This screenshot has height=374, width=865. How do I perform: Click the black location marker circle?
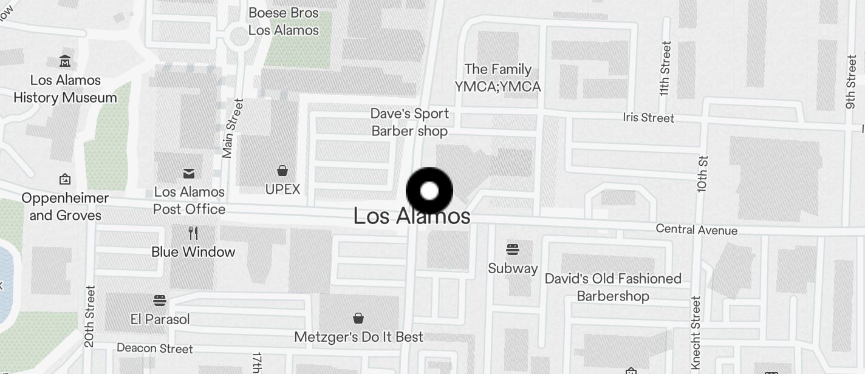coord(429,191)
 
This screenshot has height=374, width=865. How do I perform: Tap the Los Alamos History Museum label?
coord(65,89)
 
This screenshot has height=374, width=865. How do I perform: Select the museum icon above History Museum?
coord(65,61)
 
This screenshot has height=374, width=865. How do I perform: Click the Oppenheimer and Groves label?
coord(65,206)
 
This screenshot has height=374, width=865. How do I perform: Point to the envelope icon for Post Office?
coord(189,174)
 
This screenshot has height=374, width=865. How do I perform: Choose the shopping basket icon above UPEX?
coord(282,171)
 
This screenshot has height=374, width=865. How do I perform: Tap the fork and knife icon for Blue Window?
coord(193,233)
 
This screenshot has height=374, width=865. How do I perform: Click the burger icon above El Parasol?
coord(160,300)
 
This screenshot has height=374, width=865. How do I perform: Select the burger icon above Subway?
coord(513,250)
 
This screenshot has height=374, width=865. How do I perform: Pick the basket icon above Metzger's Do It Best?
coord(358,318)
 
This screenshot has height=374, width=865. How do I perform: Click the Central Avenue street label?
coord(696,229)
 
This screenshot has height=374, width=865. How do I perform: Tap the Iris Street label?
coord(649,117)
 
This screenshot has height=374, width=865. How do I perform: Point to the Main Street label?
coord(229,129)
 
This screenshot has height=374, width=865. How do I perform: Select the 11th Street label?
coord(665,69)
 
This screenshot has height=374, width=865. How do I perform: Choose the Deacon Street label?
coord(154,348)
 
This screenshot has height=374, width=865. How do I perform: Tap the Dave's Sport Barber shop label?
coord(409,122)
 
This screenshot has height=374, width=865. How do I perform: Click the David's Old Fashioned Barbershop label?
coord(613,287)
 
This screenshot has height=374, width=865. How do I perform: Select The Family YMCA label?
coord(497,78)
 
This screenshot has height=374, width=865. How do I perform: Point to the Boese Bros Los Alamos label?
coord(283,21)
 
